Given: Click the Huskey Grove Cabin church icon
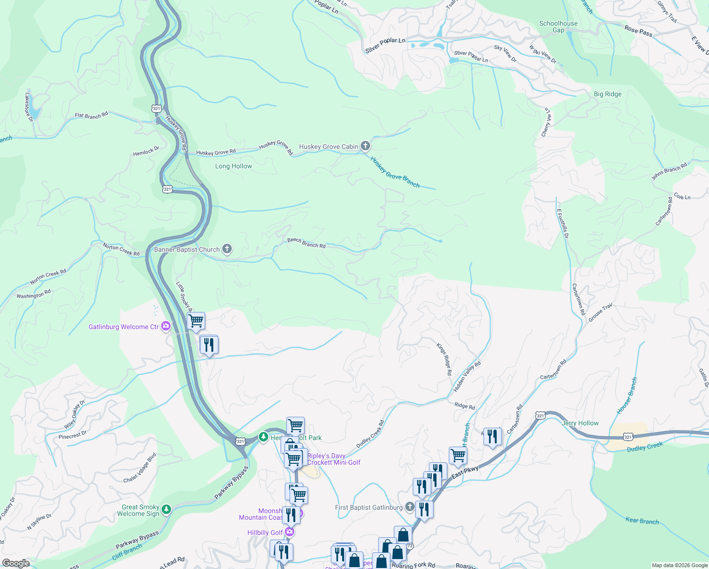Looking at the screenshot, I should click(x=365, y=146).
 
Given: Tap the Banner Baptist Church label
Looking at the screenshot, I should click(x=187, y=249).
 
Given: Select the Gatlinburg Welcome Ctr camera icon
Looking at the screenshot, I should click(x=166, y=326).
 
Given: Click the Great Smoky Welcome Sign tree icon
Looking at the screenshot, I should click(x=166, y=509).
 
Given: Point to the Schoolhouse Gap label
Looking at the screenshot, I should click(x=558, y=27).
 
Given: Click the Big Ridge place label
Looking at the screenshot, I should click(x=607, y=94).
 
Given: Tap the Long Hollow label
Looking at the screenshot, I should click(x=233, y=166).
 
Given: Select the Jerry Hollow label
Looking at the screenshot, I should click(x=580, y=423).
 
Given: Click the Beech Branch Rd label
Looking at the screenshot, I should click(x=306, y=243).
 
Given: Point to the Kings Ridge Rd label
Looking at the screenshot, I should click(x=444, y=359).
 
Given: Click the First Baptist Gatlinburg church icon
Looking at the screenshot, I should click(x=410, y=507).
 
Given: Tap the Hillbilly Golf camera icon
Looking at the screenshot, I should click(x=290, y=532).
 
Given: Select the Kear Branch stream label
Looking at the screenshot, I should click(x=642, y=521).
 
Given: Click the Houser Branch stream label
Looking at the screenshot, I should click(x=627, y=396).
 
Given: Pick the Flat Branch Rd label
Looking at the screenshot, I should click(x=91, y=115).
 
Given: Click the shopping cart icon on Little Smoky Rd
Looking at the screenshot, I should click(x=196, y=321).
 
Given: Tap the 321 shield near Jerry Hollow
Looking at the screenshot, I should click(x=540, y=415).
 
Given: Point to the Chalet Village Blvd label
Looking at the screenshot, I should click(x=140, y=468).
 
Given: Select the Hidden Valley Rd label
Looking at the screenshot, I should click(x=467, y=376).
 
